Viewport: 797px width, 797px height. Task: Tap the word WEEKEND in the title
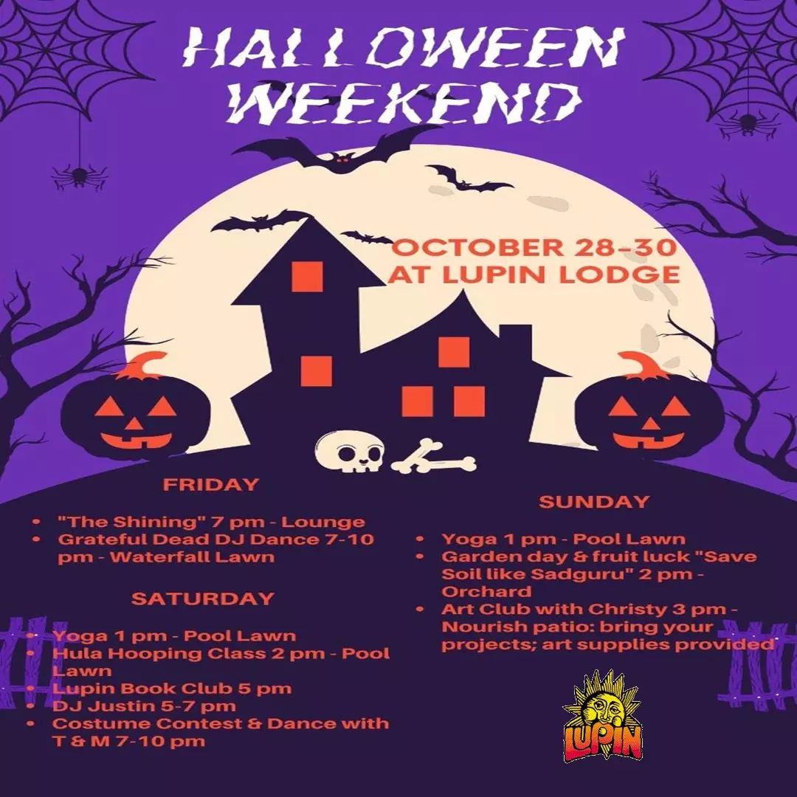click(404, 103)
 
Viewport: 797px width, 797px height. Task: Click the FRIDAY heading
click(211, 484)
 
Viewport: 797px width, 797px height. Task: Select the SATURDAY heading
click(203, 598)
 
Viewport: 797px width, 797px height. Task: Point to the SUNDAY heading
click(594, 502)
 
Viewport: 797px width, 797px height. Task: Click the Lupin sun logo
click(602, 717)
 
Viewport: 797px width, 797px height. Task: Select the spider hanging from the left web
click(79, 176)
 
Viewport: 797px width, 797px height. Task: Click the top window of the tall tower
click(307, 277)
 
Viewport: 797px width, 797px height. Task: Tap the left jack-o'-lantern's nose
click(134, 424)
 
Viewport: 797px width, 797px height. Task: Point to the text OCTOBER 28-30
click(534, 248)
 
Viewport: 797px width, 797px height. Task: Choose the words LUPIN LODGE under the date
click(561, 275)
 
